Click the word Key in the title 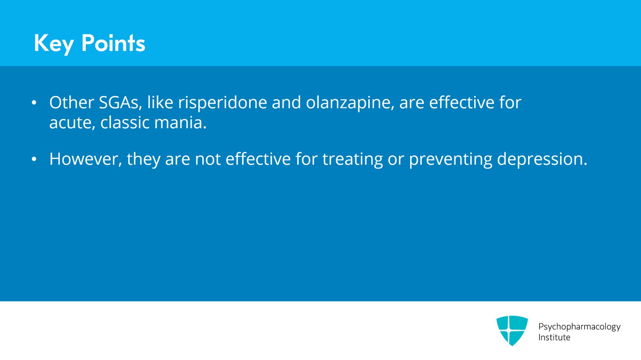click(x=53, y=43)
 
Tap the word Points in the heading click(x=113, y=43)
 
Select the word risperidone click(x=222, y=103)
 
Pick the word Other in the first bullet click(x=71, y=103)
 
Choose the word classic click(x=125, y=123)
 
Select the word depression click(x=542, y=159)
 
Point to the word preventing click(x=450, y=159)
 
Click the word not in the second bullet click(x=208, y=159)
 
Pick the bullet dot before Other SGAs click(x=34, y=103)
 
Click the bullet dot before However click(x=34, y=160)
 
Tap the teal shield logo click(x=512, y=330)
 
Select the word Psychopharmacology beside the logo click(x=579, y=327)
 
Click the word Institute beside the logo click(x=554, y=338)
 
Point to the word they click(x=143, y=159)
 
